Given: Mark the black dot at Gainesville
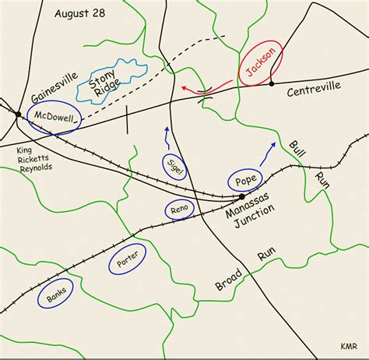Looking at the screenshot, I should (x=19, y=115).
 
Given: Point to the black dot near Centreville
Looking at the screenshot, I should (x=272, y=83).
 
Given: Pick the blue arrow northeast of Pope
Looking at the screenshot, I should (x=267, y=154).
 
